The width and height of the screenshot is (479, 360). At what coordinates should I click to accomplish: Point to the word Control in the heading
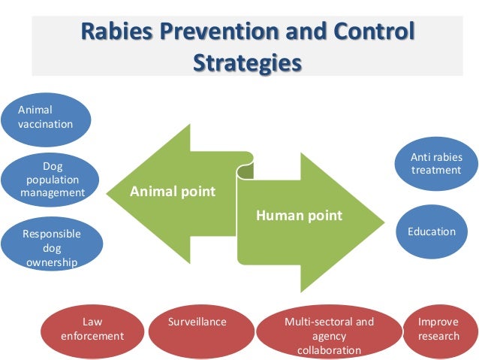click(372, 32)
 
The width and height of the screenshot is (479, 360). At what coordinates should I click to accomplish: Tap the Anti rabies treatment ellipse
click(436, 164)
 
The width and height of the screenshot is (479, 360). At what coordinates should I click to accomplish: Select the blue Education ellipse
click(431, 231)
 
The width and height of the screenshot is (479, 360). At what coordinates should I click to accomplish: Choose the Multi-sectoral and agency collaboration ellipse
click(328, 334)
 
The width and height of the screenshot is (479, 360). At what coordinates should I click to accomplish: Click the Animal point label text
click(173, 192)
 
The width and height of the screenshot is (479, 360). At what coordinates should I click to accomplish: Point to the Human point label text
click(299, 216)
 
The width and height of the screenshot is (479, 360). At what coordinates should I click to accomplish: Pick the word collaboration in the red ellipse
click(329, 350)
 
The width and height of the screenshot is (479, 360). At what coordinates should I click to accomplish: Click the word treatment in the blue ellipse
click(436, 171)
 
